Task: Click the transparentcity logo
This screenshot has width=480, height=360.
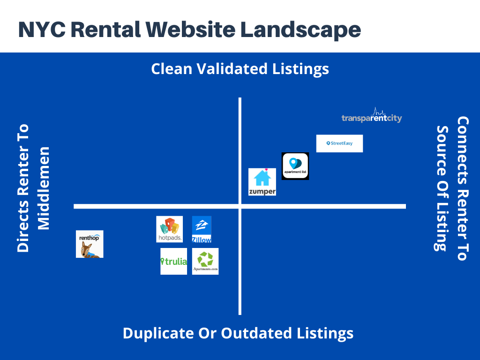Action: [x=372, y=115]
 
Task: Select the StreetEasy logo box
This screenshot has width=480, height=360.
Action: [x=339, y=143]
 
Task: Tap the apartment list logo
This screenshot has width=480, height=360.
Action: [x=295, y=166]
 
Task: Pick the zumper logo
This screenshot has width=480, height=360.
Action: [x=262, y=182]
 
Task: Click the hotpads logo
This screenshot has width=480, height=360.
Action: [x=169, y=229]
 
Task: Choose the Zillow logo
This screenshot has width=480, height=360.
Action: [x=202, y=229]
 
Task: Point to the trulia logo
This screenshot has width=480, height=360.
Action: [x=173, y=261]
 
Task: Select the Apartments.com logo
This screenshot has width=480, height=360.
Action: [x=205, y=261]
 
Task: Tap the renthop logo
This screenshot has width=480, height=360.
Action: [x=90, y=244]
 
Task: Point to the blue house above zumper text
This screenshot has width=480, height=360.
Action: [x=262, y=178]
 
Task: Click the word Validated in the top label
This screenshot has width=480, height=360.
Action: [x=232, y=68]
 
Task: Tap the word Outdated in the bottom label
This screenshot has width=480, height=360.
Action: [x=256, y=333]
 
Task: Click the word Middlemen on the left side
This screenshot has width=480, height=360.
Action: [x=43, y=188]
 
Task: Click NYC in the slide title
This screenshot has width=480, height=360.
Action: [x=42, y=30]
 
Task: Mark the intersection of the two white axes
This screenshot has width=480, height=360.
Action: [x=240, y=206]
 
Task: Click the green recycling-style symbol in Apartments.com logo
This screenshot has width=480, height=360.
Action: [x=205, y=259]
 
